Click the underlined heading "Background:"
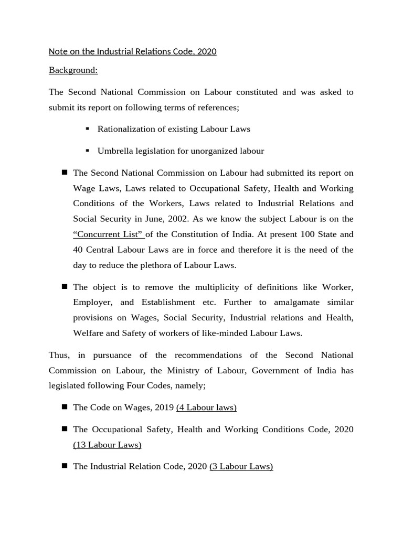(73, 70)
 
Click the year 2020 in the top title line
(206, 51)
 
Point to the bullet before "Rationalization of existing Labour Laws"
(88, 128)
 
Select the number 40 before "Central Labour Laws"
(78, 250)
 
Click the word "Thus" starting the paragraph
(58, 355)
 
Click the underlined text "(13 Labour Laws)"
(107, 445)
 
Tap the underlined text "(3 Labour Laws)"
(241, 466)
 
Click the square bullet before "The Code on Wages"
(65, 406)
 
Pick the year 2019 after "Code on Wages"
(164, 407)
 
